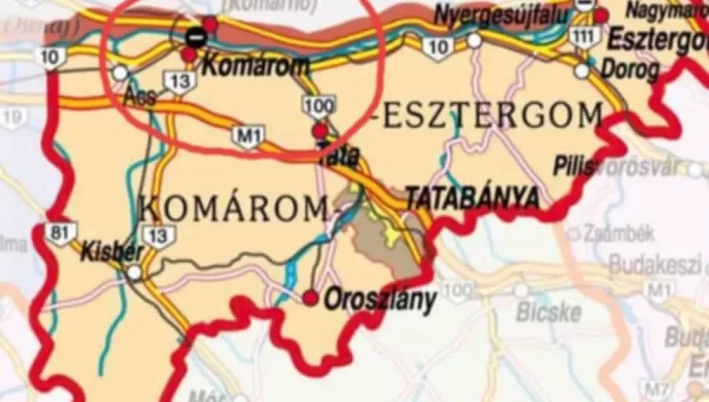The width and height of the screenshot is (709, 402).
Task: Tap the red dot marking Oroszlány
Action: (x=311, y=297)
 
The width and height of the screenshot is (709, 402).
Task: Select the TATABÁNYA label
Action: (x=472, y=198)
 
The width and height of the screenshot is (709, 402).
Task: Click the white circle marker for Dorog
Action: (x=581, y=71)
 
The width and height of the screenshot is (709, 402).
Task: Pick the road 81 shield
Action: (x=57, y=233)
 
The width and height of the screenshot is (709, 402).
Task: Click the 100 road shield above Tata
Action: (x=318, y=104)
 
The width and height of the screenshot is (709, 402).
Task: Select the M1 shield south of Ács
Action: (x=248, y=136)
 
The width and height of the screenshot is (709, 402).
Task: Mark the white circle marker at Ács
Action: (x=120, y=73)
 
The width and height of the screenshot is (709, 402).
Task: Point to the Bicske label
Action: (x=548, y=312)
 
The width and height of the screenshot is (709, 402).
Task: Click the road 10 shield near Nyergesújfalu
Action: (x=437, y=47)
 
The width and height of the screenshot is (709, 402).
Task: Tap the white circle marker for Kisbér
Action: (x=135, y=273)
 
